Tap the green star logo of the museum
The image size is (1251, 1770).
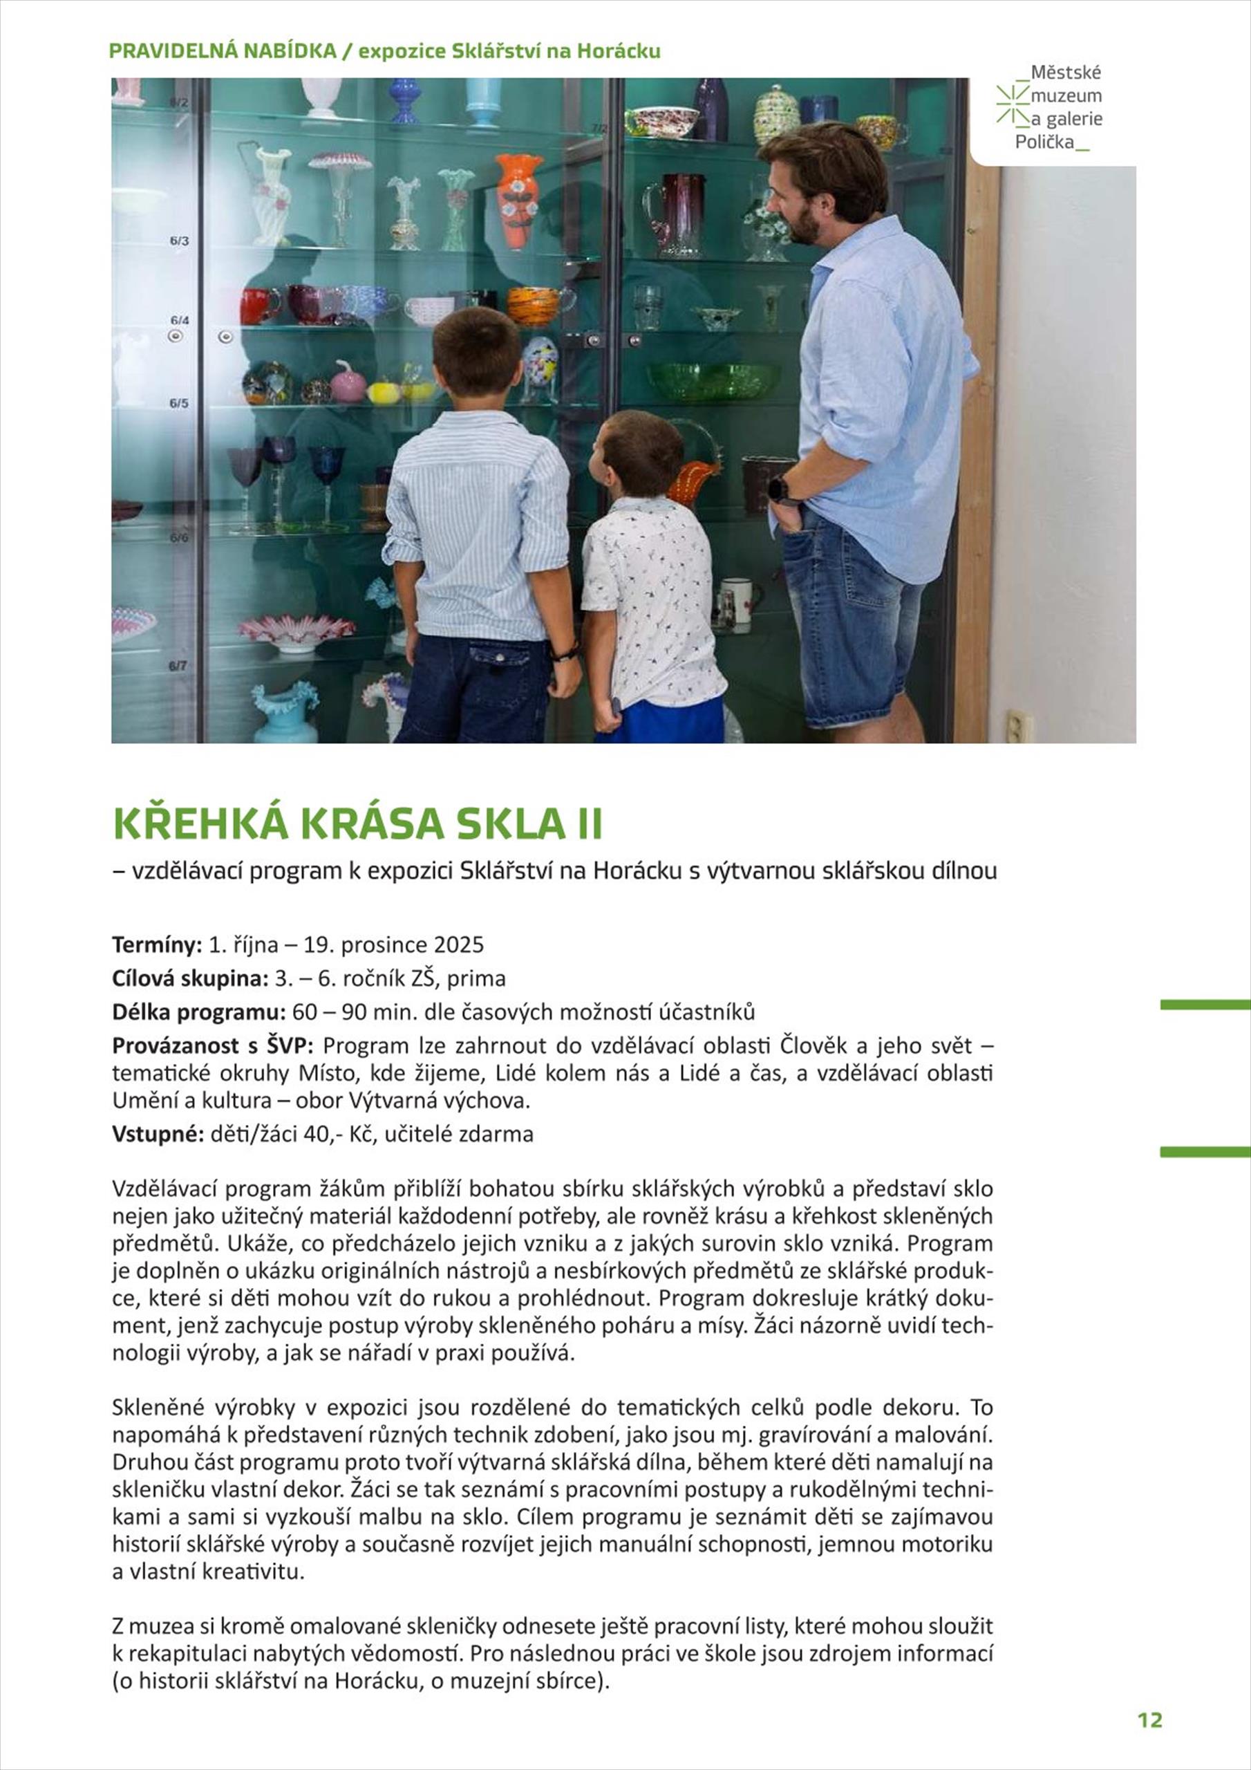point(1012,105)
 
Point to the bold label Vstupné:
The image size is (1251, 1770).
point(158,1134)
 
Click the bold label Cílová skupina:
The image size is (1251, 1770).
point(189,978)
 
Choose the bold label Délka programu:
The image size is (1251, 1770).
point(199,1012)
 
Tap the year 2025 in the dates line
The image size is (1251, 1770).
point(459,944)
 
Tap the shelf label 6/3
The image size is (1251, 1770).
point(179,241)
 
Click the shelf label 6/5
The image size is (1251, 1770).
point(179,402)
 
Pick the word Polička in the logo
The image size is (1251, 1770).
point(1044,142)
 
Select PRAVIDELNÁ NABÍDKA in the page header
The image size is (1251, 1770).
point(223,51)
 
